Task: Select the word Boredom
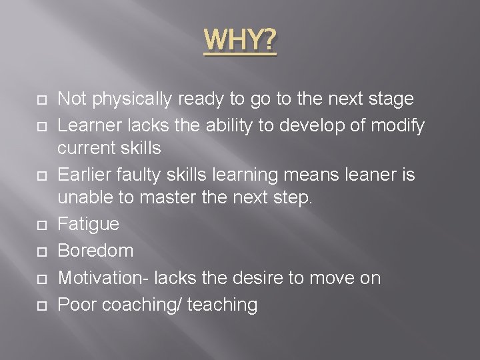(95, 251)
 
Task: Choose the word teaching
(223, 305)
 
